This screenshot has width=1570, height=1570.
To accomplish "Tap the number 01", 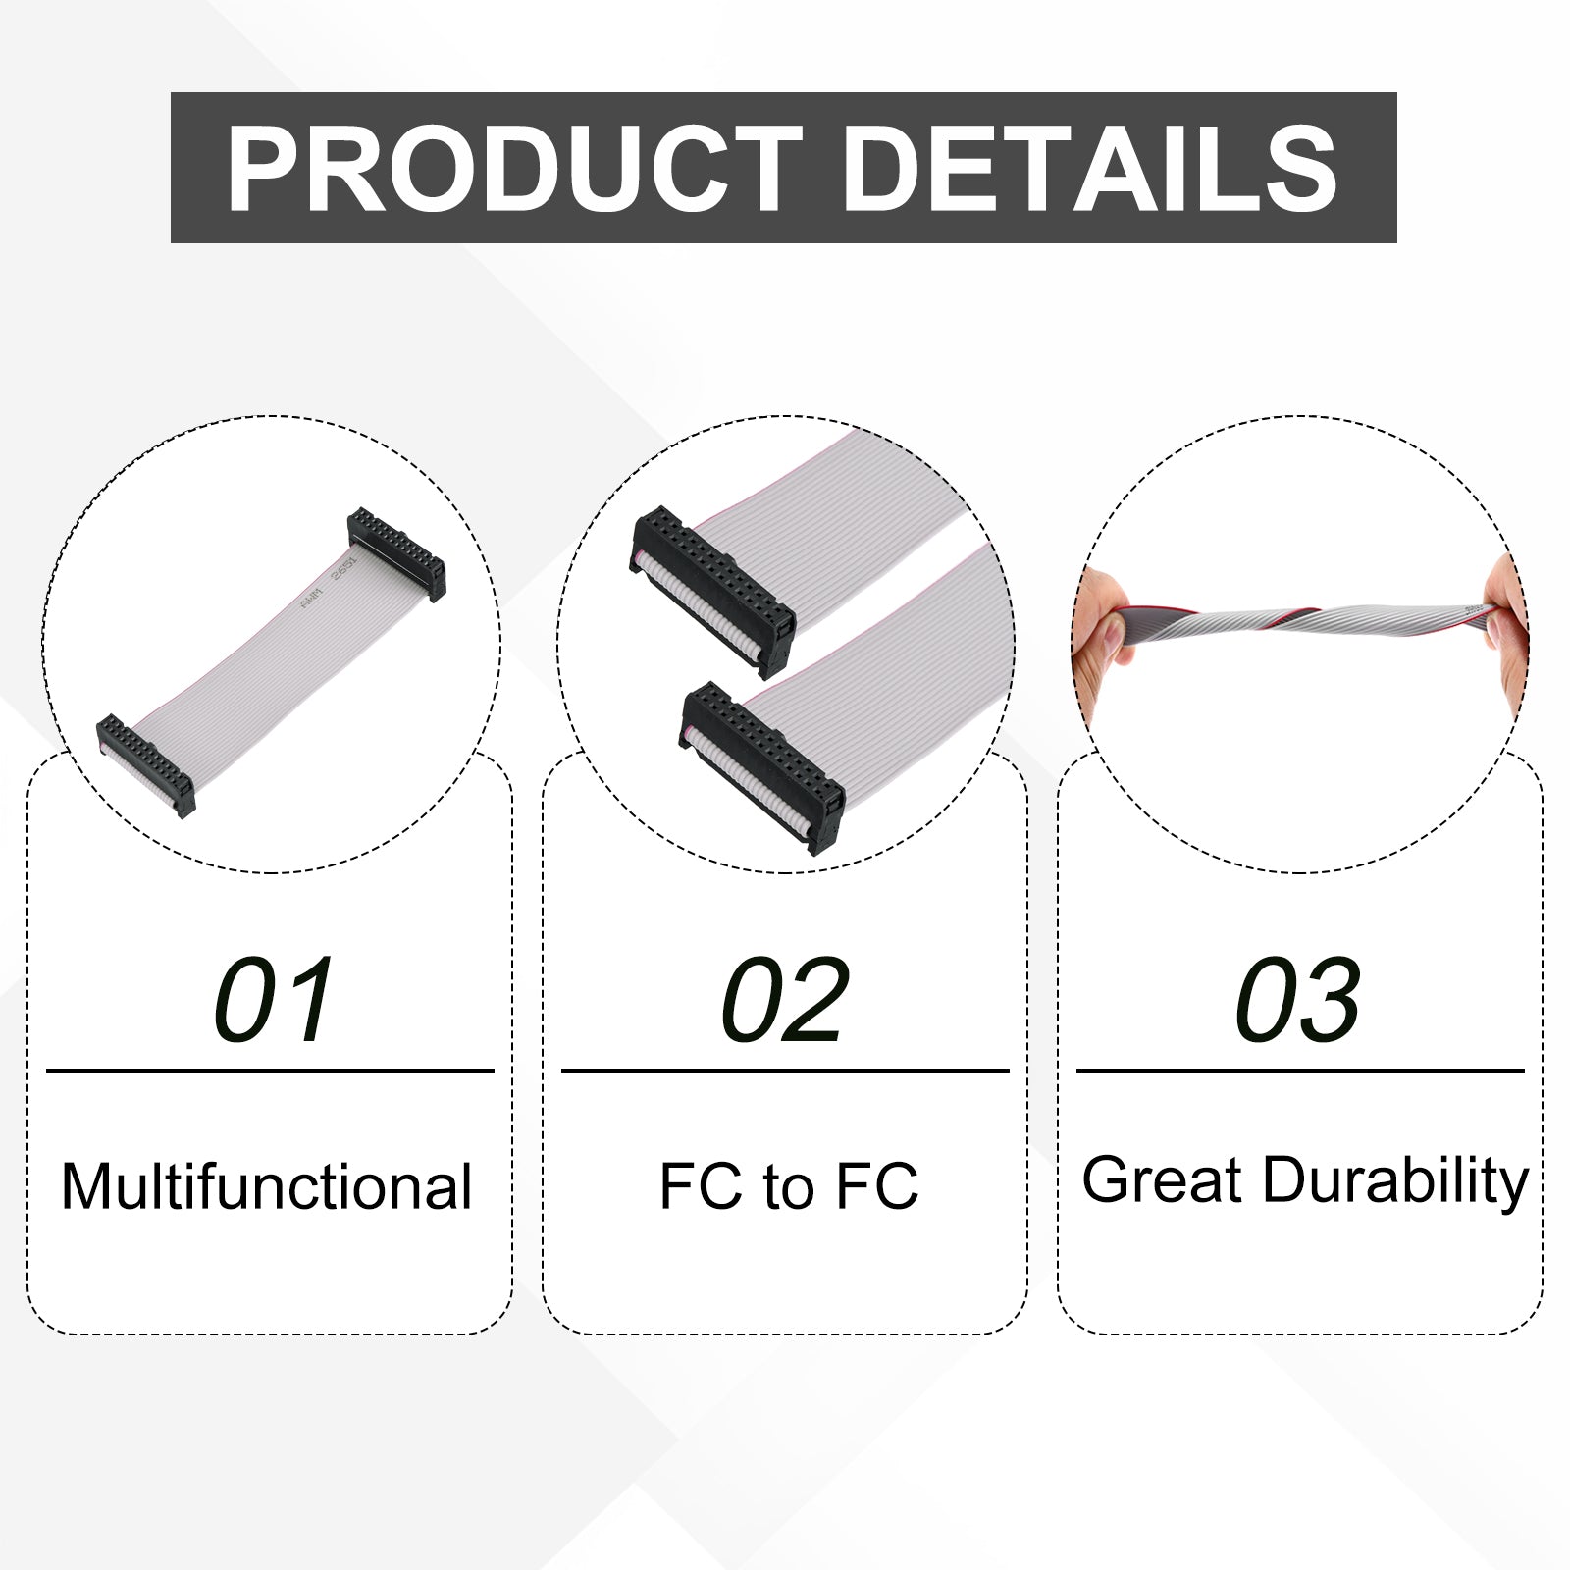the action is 274,1000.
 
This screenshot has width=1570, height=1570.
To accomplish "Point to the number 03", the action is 1297,1000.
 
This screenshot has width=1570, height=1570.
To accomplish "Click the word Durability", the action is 1395,1182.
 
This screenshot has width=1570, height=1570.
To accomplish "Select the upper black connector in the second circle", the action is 712,592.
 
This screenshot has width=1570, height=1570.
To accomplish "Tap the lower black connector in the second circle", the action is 763,768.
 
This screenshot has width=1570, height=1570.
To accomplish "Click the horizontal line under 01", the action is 270,1071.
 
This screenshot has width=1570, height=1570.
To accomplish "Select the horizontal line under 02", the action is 785,1071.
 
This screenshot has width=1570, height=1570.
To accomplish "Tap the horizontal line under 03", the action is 1300,1071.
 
